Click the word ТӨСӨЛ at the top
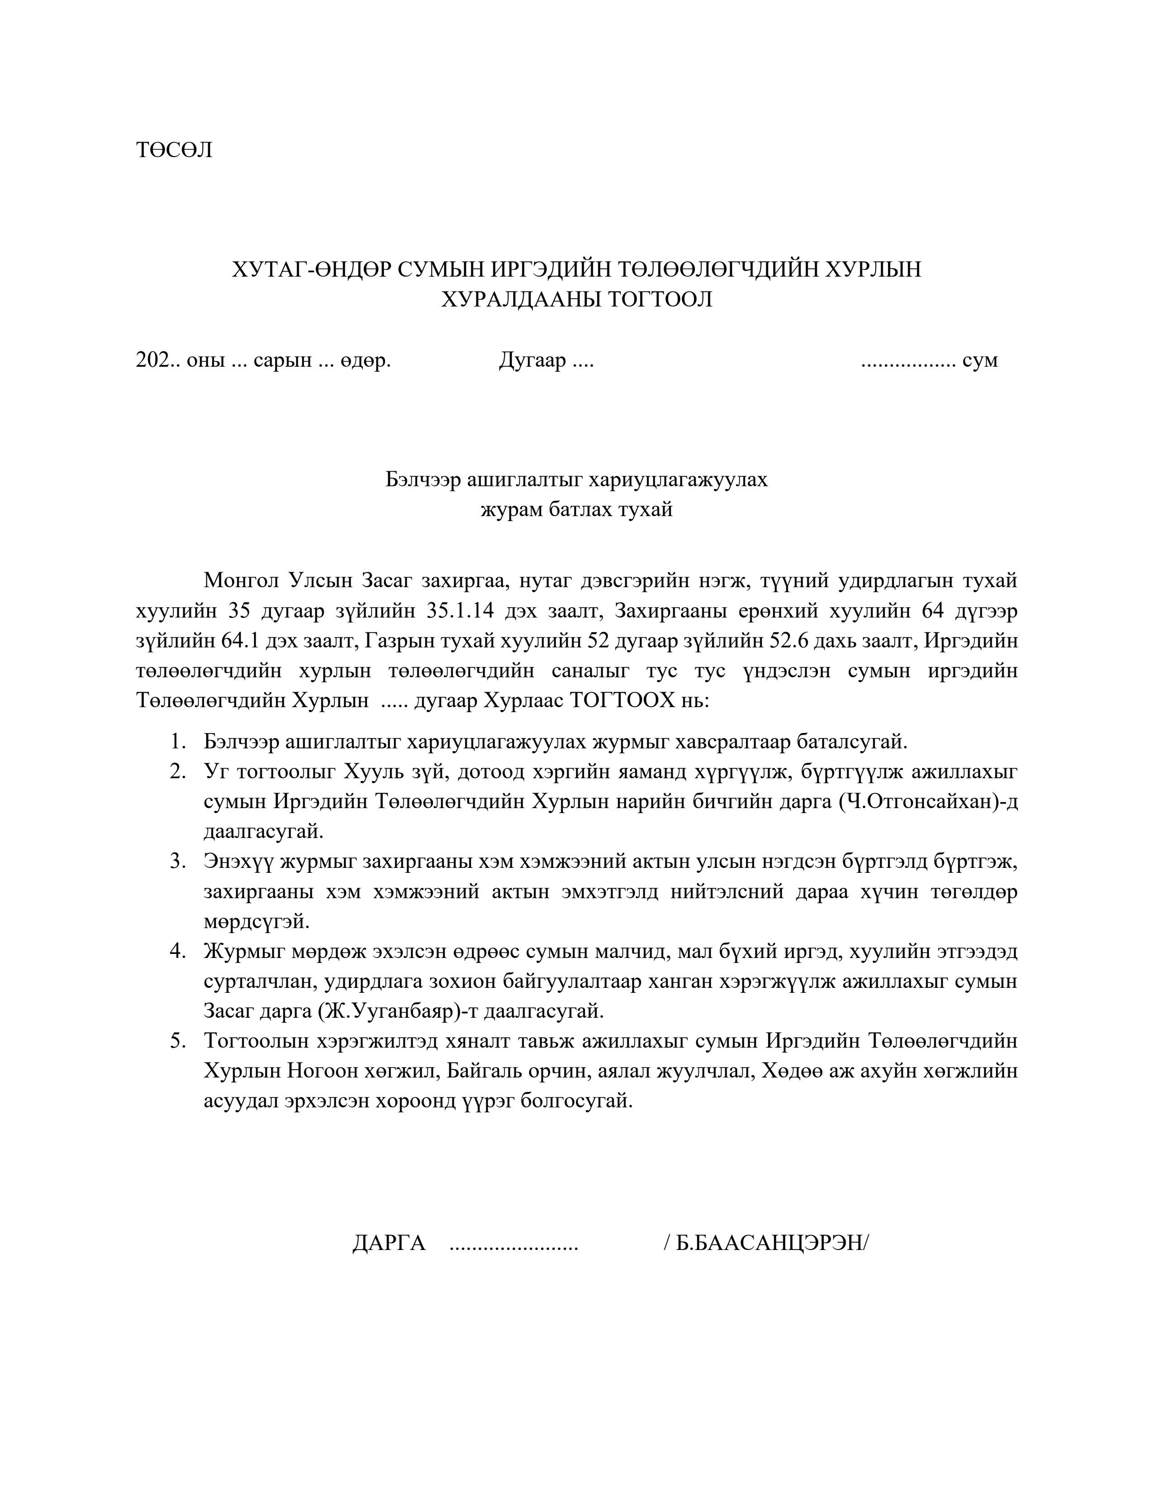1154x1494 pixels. [x=174, y=150]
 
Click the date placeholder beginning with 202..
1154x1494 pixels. [x=157, y=360]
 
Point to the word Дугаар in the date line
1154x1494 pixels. [x=533, y=360]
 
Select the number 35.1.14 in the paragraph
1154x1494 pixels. [x=460, y=611]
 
